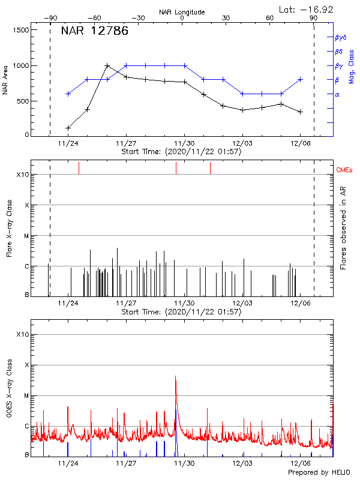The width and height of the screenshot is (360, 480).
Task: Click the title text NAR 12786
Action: (x=94, y=32)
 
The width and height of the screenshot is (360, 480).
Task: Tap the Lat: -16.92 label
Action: (x=307, y=9)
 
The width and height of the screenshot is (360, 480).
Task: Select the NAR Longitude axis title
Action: (x=182, y=12)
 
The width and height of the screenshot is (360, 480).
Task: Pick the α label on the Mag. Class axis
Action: (x=337, y=94)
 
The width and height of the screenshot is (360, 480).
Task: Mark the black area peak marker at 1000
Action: (x=107, y=65)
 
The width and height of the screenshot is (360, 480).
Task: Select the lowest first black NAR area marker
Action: (x=68, y=128)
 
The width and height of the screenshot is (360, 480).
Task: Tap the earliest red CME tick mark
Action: (x=79, y=168)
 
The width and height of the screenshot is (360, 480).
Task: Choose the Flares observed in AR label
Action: (x=343, y=227)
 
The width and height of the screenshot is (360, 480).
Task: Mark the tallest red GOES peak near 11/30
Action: (x=175, y=376)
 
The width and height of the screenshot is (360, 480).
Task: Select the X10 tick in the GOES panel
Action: (x=23, y=334)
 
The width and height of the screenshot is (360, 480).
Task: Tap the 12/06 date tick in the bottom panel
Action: (x=301, y=463)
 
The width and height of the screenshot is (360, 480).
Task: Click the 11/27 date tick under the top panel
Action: (x=126, y=143)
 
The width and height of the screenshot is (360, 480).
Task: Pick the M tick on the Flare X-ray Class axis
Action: (x=26, y=236)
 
